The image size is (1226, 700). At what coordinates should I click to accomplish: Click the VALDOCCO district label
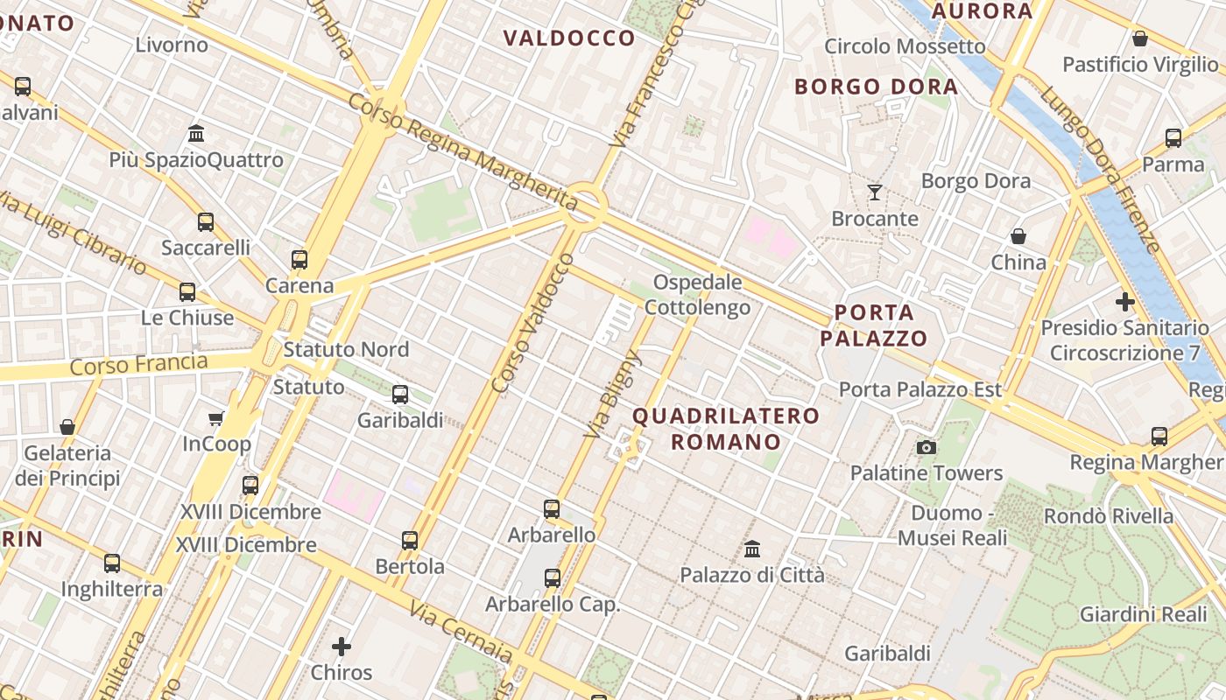[569, 38]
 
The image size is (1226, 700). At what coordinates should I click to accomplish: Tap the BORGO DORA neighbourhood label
[876, 87]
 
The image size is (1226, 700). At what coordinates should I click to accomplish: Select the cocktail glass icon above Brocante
[875, 192]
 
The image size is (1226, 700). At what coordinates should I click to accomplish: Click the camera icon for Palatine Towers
[926, 448]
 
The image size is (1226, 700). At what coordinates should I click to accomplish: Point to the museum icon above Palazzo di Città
[752, 549]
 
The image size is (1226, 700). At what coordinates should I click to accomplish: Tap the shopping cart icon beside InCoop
[216, 418]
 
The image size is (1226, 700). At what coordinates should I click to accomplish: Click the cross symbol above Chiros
[342, 647]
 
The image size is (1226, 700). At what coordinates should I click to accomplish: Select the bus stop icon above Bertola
[410, 540]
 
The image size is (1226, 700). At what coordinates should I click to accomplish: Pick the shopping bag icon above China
[1018, 236]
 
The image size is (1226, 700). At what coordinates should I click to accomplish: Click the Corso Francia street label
[139, 364]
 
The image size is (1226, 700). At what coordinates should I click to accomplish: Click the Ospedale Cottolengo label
[698, 295]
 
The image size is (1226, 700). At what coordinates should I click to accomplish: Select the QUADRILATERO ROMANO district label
[726, 429]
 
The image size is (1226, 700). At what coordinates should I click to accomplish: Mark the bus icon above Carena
[299, 259]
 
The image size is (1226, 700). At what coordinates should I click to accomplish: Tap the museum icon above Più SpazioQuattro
[196, 134]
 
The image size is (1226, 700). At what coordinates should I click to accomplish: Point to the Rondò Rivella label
[1108, 515]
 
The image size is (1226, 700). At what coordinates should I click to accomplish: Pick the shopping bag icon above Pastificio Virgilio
[1140, 38]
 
